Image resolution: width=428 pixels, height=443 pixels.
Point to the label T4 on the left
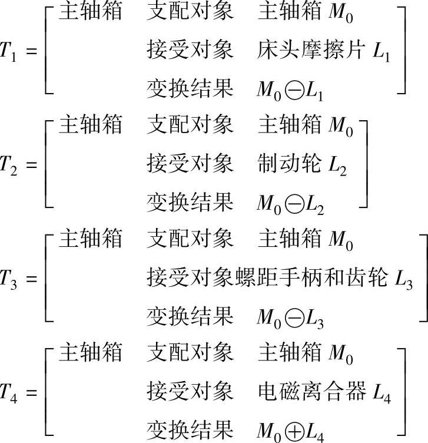(x=12, y=391)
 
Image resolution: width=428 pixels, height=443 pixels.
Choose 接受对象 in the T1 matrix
(x=190, y=51)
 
